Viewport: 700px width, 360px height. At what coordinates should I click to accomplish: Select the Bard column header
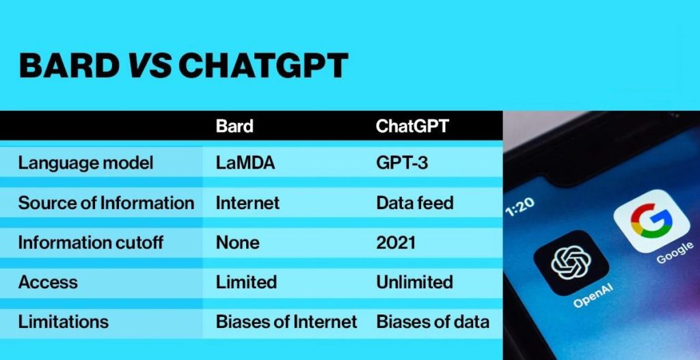click(234, 126)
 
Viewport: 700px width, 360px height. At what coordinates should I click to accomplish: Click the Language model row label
click(85, 163)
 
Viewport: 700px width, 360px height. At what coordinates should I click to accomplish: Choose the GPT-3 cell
click(402, 163)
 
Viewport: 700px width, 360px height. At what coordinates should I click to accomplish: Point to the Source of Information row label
click(106, 203)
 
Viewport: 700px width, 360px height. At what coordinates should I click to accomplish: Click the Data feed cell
click(415, 203)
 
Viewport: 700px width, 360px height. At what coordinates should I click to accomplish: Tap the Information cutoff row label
click(90, 243)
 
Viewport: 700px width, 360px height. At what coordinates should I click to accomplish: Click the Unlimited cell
click(414, 282)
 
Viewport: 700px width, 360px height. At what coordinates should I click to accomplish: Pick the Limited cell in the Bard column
click(246, 282)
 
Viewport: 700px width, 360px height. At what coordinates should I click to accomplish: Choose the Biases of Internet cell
click(286, 322)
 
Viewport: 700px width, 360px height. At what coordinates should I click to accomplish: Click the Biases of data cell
click(433, 322)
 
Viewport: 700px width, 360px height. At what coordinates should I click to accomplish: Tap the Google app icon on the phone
click(651, 221)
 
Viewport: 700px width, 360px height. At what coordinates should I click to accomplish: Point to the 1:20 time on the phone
click(520, 207)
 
